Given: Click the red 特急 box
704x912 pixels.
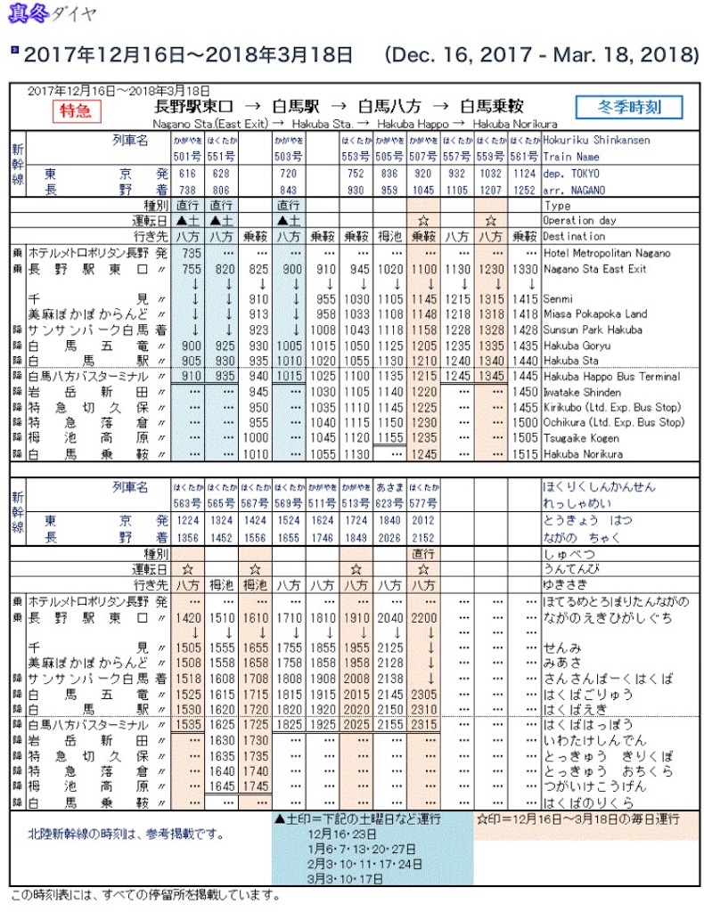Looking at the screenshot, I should [x=78, y=110].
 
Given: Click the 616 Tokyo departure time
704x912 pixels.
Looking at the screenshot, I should [x=187, y=173].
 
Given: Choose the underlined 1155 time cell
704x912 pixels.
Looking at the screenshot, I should [x=389, y=437].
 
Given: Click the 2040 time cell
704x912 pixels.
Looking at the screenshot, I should [x=389, y=616].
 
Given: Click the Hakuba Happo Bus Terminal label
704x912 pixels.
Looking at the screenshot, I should [x=610, y=377].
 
